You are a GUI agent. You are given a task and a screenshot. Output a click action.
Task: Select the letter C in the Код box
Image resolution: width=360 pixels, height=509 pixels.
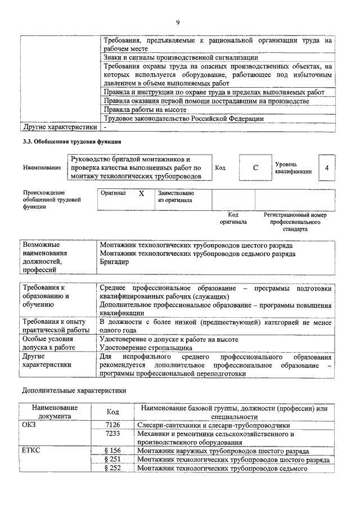coord(255,168)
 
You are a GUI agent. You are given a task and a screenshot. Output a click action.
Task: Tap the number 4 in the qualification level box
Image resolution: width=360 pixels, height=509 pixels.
coord(326,168)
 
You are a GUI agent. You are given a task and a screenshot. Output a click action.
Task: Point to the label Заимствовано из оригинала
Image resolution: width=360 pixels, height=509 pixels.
coord(175,196)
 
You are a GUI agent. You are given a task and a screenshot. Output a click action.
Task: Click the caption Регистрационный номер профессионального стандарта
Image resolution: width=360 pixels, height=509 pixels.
coord(295,222)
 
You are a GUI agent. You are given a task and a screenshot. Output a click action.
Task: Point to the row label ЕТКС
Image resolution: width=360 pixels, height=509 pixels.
coord(31,451)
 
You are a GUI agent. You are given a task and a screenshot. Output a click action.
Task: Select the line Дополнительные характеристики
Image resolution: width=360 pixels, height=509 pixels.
coord(74,389)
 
